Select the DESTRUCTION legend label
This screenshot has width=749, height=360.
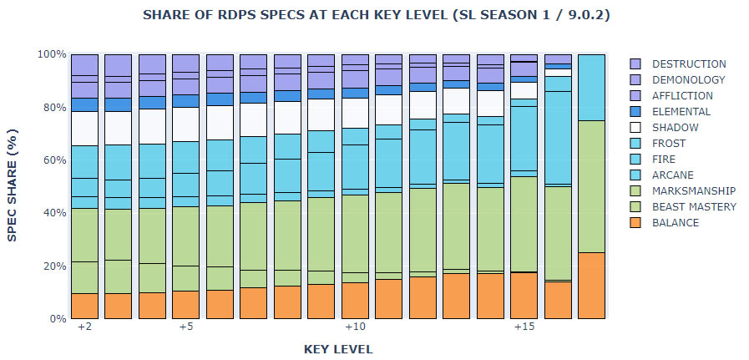(689, 63)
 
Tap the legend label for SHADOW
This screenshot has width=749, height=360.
(676, 127)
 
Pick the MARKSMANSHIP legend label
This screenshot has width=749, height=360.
(693, 190)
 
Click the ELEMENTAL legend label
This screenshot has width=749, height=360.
(681, 111)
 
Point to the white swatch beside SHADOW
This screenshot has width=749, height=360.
(635, 127)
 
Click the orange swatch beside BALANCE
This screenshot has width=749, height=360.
(635, 222)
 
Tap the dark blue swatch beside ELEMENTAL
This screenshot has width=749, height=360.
(635, 111)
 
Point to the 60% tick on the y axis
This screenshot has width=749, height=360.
(55, 160)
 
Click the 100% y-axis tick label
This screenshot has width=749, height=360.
(52, 54)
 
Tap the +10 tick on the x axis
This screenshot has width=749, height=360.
(355, 327)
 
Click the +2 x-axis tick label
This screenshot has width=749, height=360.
(84, 327)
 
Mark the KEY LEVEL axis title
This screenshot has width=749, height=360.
(338, 348)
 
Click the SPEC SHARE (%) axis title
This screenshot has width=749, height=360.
(13, 186)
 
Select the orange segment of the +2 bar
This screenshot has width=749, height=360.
(84, 306)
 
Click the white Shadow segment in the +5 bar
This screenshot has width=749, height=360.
(186, 124)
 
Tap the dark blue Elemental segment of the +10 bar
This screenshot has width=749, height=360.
(356, 93)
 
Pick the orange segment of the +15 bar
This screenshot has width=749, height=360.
(524, 295)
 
